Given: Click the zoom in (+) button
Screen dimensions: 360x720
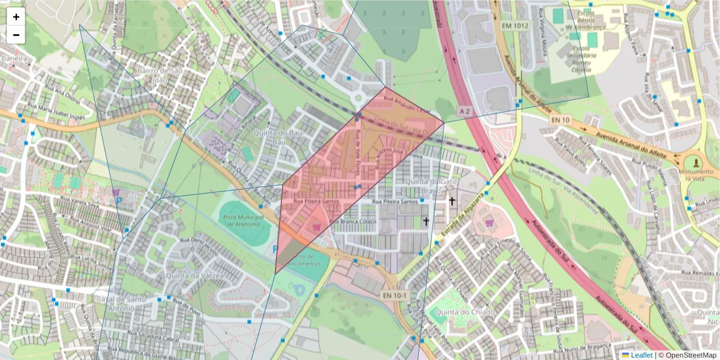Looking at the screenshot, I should [x=16, y=17].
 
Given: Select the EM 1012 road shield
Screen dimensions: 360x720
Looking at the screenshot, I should [x=515, y=26].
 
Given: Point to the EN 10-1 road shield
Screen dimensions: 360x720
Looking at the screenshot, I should [x=395, y=295].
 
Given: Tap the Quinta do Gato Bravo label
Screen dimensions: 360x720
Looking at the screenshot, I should [x=427, y=186].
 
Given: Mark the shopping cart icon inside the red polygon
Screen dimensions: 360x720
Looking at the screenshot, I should [x=317, y=227].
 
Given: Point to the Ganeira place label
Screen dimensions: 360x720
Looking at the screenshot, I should [x=15, y=59].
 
